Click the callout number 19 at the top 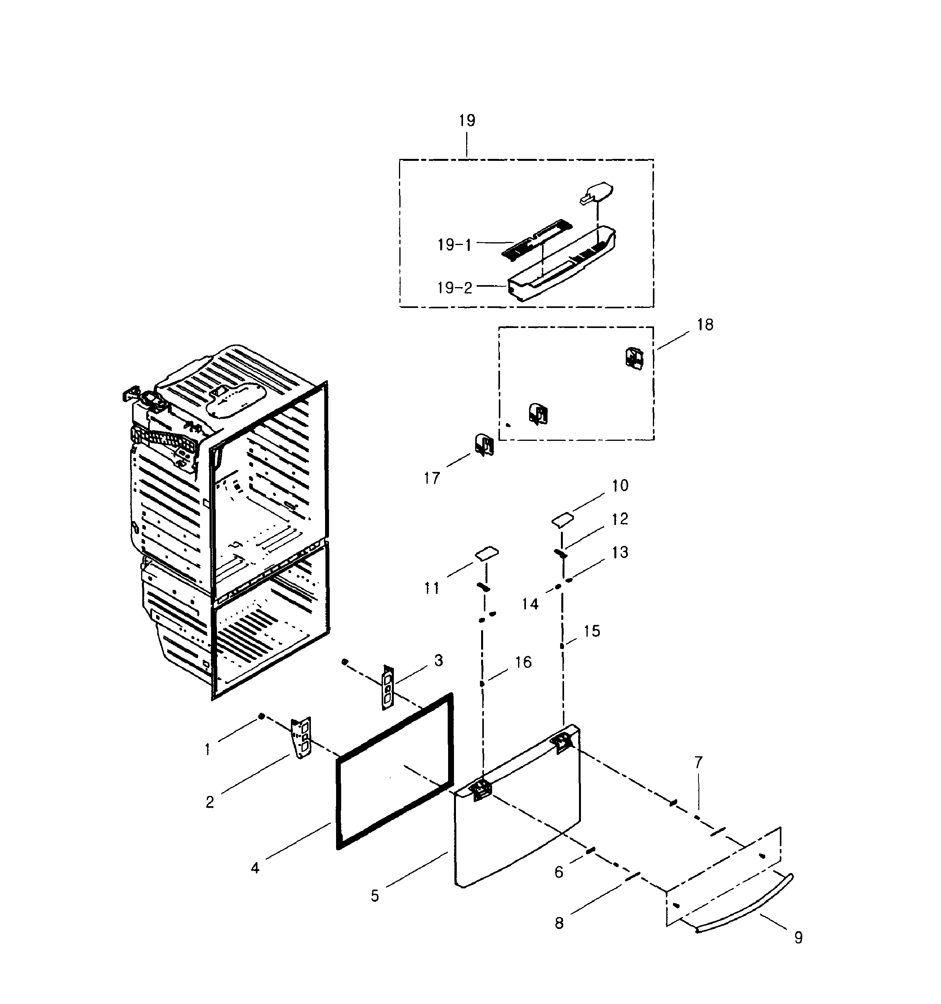tap(467, 121)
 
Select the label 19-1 tap(454, 245)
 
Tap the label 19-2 tap(454, 288)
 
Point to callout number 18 tap(705, 325)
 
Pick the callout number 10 tap(620, 485)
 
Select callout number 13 tap(620, 553)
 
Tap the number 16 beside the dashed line tap(523, 662)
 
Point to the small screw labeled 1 tap(261, 717)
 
